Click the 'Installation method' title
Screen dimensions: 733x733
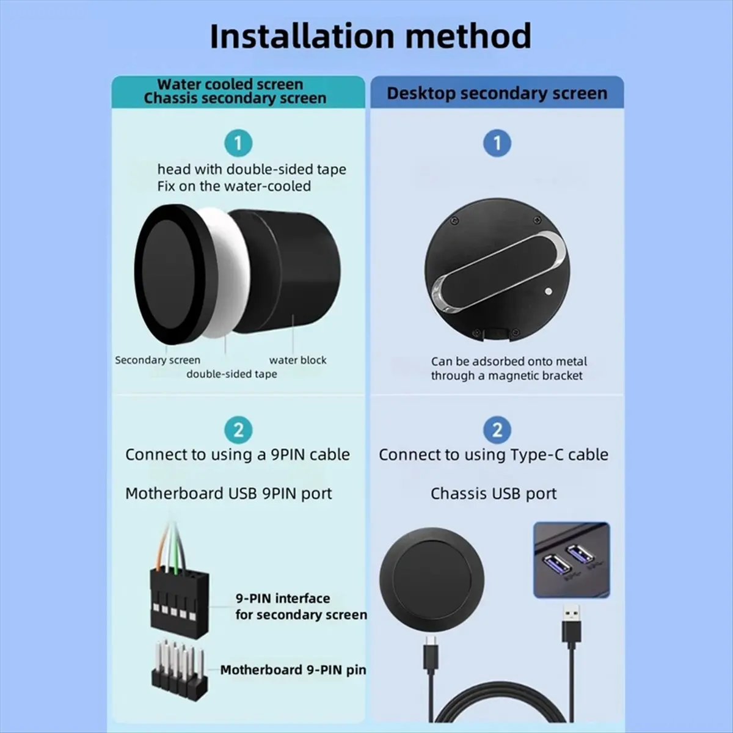[371, 36]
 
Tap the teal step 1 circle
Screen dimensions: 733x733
[238, 144]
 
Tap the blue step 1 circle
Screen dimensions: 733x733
[497, 144]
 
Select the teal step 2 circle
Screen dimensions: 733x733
[238, 430]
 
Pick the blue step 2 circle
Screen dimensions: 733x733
[497, 430]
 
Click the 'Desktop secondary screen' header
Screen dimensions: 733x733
[497, 93]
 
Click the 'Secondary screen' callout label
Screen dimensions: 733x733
[158, 360]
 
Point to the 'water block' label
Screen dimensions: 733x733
[298, 360]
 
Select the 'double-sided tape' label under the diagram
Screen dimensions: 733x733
[232, 374]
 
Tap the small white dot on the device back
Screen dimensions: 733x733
[548, 291]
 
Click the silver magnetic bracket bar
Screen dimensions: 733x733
[499, 272]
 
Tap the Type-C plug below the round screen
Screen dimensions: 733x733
[431, 654]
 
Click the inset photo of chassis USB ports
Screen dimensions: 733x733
[572, 560]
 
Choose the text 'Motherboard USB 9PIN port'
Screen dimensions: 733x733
[228, 494]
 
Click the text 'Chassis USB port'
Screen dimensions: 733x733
[494, 494]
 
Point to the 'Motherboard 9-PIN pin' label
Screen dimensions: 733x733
[293, 670]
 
